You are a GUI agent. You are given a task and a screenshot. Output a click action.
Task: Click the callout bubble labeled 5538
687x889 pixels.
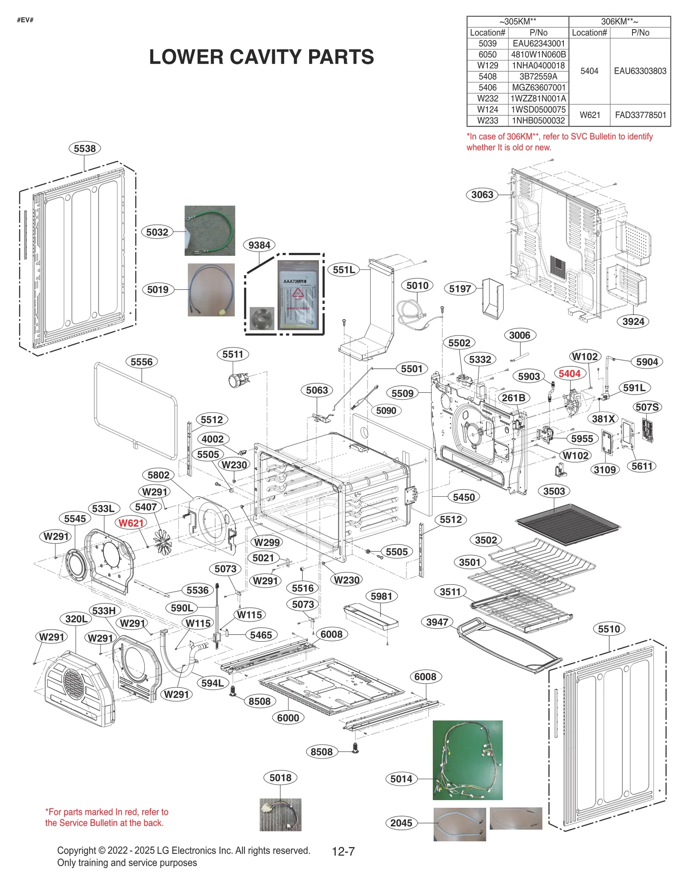(x=85, y=149)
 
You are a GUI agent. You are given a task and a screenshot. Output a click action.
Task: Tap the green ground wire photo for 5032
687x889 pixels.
(x=210, y=231)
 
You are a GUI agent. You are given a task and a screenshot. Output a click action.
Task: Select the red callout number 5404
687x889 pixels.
(x=569, y=373)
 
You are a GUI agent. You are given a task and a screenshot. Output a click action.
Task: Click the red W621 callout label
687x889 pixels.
(x=131, y=523)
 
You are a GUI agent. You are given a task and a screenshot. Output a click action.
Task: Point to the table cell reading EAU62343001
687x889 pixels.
(x=538, y=43)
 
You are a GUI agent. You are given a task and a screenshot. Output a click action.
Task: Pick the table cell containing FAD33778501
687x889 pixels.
(x=640, y=115)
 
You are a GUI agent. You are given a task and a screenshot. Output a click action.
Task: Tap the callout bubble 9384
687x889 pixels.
(x=259, y=245)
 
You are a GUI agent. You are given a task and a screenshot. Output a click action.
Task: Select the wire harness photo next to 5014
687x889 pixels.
(x=467, y=760)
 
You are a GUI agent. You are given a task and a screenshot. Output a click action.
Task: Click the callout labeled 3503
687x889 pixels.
(x=554, y=491)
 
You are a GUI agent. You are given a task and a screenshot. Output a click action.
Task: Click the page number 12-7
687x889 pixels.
(x=343, y=851)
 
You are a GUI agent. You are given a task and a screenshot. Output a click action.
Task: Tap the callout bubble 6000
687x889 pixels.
(x=288, y=718)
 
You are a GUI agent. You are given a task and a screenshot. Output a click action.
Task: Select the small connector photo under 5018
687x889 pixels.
(x=280, y=814)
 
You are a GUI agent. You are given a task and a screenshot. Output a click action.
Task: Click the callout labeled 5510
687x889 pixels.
(x=609, y=629)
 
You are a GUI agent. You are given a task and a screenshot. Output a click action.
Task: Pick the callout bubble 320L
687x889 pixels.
(x=76, y=619)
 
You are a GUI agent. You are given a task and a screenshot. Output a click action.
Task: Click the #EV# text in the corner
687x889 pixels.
(x=25, y=20)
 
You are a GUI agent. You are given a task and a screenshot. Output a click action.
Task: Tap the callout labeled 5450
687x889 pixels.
(x=464, y=497)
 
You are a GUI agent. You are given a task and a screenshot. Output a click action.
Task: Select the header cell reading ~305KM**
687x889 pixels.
(x=517, y=21)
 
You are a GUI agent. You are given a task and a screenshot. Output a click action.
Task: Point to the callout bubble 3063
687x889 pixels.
(x=482, y=195)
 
